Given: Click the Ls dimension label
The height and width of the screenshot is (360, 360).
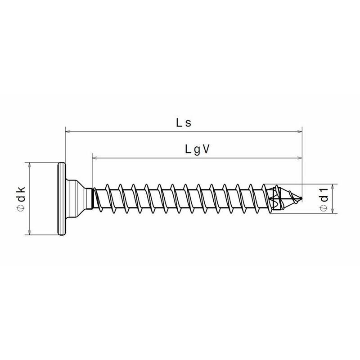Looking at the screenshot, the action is (x=184, y=123).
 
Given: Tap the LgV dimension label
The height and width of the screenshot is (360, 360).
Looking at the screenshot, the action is (x=197, y=150).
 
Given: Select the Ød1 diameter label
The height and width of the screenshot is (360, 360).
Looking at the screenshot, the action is (x=324, y=199).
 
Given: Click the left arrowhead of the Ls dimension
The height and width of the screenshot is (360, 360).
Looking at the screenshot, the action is (x=68, y=131).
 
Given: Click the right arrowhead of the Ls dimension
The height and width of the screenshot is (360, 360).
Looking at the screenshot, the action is (x=299, y=131).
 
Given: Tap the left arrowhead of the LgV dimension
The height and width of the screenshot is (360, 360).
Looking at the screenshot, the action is (x=95, y=158).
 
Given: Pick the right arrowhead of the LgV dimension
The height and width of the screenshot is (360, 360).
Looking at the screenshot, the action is (x=299, y=158).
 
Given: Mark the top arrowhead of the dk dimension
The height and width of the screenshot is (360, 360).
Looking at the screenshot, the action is (x=29, y=165).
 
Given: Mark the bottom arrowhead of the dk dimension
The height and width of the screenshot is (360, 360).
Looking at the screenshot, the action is (x=29, y=232).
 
